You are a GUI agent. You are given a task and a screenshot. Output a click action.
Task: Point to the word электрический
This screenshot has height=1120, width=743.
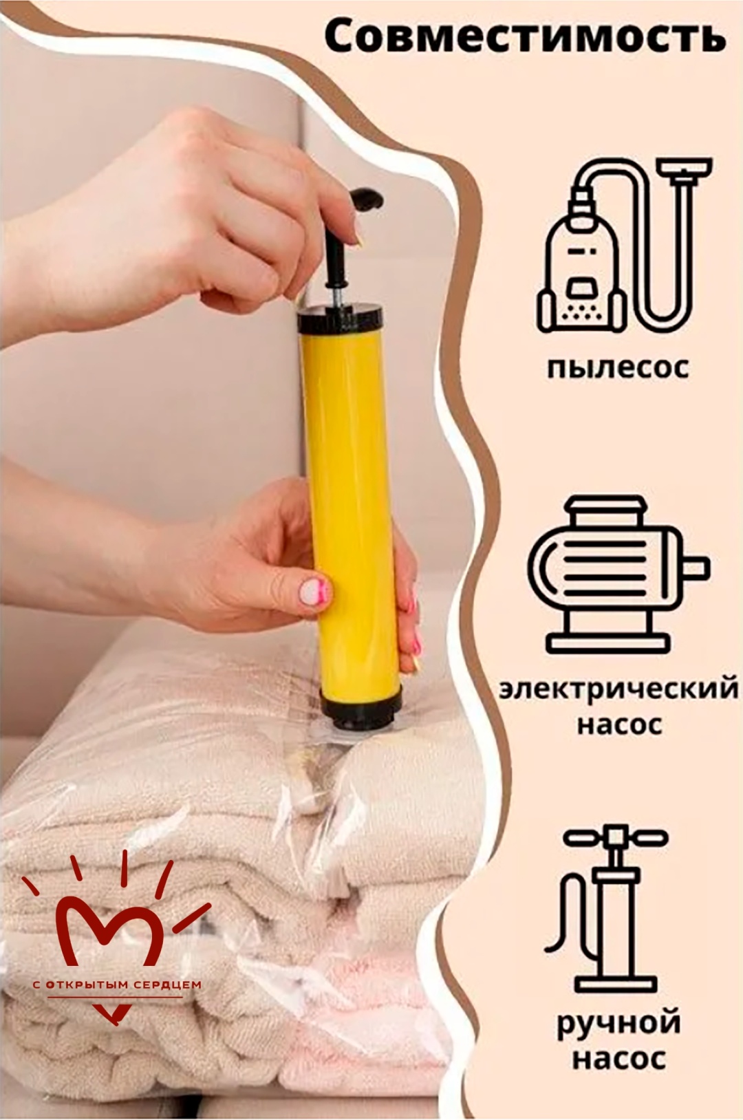point(618,689)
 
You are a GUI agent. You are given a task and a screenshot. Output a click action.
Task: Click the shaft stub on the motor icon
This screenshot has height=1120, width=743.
point(697,568)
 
